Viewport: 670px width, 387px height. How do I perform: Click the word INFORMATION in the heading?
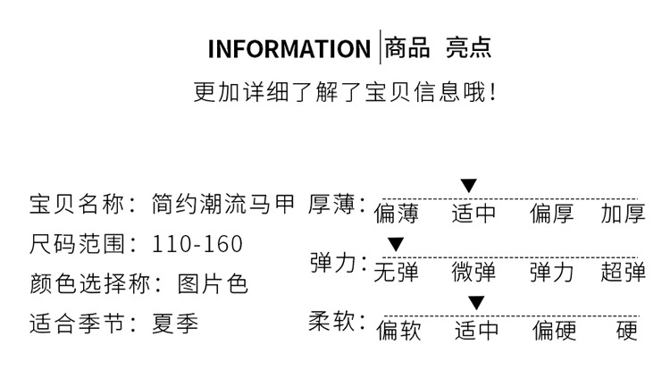pos(289,48)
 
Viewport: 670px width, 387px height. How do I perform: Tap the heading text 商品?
pos(407,47)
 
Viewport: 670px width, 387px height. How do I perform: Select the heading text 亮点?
pos(469,47)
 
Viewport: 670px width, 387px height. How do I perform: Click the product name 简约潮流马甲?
pos(223,205)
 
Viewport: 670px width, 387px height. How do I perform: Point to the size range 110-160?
pos(197,244)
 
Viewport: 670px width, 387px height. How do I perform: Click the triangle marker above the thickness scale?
pos(469,186)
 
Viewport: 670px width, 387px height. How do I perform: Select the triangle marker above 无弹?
pos(396,244)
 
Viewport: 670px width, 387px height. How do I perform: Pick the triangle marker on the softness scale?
pos(476,302)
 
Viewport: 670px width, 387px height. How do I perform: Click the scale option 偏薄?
pos(397,214)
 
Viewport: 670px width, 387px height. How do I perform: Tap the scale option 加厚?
pos(623,214)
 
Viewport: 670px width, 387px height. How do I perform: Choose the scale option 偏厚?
pos(552,214)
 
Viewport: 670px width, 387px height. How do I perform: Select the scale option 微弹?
pos(473,272)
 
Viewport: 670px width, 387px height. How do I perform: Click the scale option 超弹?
pos(623,272)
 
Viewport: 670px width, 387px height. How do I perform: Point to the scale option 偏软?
pos(398,331)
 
